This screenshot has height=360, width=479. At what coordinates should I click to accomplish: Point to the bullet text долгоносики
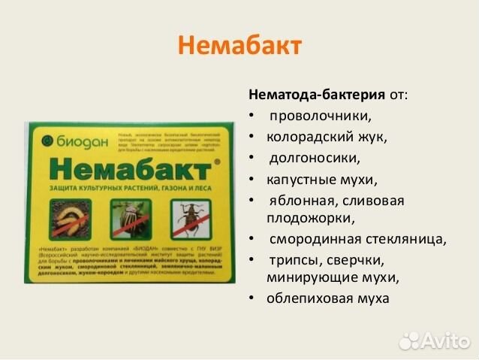[x=315, y=159]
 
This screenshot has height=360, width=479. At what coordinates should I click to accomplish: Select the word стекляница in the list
[x=408, y=240]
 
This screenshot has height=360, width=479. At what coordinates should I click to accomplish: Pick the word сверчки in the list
[x=356, y=261]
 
